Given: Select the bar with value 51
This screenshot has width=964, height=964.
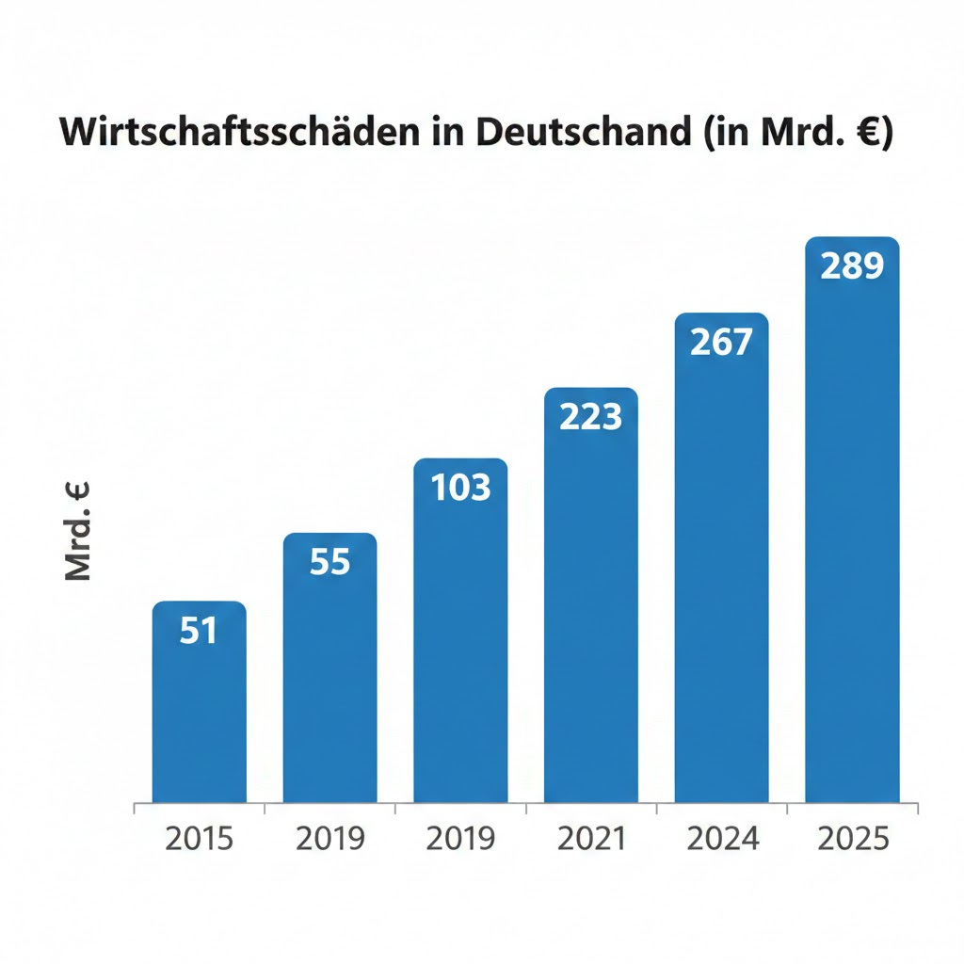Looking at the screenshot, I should (199, 715).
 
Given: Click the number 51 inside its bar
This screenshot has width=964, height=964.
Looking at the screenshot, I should (199, 631).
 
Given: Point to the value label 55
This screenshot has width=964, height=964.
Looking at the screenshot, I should (329, 563).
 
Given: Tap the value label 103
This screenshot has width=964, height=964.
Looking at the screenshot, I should (460, 488).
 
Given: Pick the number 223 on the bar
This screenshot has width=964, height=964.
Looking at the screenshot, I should (591, 416).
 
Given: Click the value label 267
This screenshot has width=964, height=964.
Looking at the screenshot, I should (722, 343).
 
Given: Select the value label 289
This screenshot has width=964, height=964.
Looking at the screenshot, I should (853, 267).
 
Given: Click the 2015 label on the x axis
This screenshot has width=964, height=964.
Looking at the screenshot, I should (199, 839).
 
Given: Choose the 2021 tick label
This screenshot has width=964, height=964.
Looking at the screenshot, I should (591, 839).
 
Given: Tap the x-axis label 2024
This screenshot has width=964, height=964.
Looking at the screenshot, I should (722, 839).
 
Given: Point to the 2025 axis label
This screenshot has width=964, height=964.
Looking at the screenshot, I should (853, 839).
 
